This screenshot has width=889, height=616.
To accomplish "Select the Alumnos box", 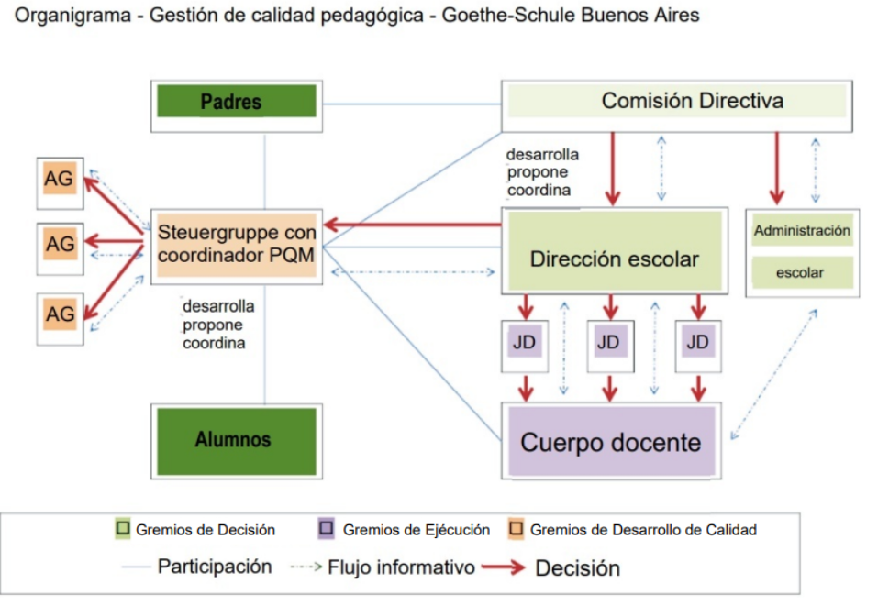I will pos(233,439).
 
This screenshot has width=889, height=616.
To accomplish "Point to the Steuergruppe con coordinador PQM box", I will pos(237,243).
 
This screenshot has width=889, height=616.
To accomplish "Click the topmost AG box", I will pos(60,180).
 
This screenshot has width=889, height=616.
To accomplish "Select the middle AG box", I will pos(60,245).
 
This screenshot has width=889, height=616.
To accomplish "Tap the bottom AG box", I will pos(60,313).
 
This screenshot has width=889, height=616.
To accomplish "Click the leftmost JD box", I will pos(525,344).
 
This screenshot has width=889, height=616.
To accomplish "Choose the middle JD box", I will pos(610,344).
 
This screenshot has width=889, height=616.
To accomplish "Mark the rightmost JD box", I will pos(698,344).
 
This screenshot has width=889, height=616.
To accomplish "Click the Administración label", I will pos(802,231).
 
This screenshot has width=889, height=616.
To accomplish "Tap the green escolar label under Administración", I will pos(802,272).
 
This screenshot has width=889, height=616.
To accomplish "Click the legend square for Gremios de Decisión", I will pos(124,529).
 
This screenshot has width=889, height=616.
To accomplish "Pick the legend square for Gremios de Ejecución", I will pos(326,529).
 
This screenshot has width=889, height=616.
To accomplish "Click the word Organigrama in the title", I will pos(61,16).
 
